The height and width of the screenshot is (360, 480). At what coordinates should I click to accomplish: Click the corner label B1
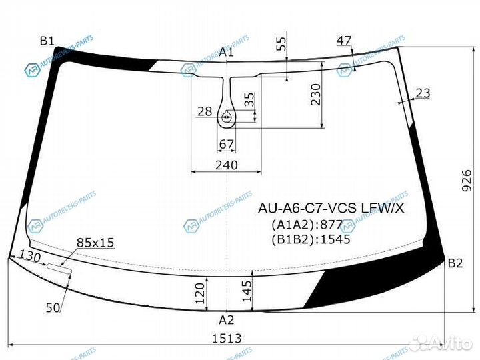click(x=47, y=41)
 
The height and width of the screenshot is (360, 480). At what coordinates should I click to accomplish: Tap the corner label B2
click(x=455, y=263)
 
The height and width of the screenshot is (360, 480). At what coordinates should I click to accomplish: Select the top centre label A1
click(x=227, y=52)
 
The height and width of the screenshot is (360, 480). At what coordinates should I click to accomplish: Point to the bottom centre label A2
click(x=227, y=319)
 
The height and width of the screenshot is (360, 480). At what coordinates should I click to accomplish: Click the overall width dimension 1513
click(x=227, y=338)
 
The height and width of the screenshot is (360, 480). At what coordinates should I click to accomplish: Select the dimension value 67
click(x=227, y=145)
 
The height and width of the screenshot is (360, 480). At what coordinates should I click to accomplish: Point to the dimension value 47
click(x=343, y=41)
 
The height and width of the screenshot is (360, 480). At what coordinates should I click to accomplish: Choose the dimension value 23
click(x=423, y=93)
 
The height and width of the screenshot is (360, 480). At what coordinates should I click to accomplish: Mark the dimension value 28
click(x=204, y=111)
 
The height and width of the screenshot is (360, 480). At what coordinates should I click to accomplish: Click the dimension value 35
click(x=248, y=100)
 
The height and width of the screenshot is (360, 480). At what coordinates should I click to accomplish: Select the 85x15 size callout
click(x=95, y=243)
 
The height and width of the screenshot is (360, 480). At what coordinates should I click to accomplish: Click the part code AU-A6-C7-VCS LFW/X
click(x=331, y=208)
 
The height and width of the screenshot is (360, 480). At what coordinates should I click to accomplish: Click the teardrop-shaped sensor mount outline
click(x=227, y=117)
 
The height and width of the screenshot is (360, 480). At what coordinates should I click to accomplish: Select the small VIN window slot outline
click(x=57, y=267)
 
